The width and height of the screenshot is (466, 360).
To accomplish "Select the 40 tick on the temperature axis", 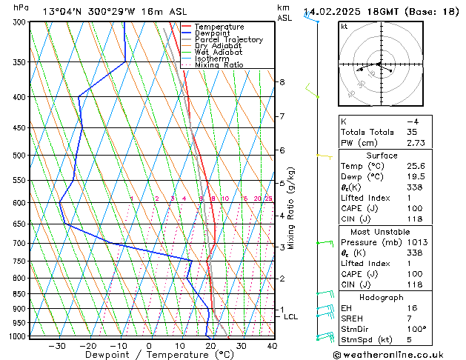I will point(272,345).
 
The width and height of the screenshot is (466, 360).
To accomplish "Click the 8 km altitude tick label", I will point(282,82).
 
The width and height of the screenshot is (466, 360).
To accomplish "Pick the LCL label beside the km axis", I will point(291,317).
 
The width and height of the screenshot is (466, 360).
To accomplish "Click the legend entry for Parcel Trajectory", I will point(228,40).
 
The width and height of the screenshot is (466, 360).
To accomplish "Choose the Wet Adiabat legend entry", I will point(218,53).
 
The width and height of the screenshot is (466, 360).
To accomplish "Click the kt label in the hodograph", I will point(344,26).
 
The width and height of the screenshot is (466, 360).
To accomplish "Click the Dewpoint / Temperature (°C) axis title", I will point(148,355).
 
